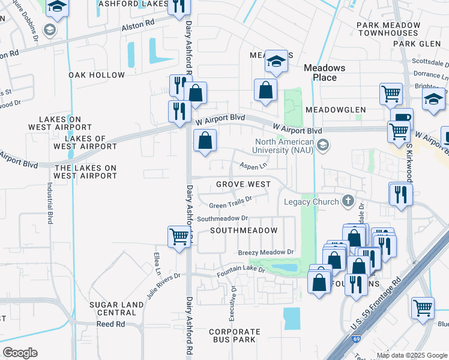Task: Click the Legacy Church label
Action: [312, 202]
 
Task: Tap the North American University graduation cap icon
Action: [324, 145]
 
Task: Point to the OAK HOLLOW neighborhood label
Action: [97, 75]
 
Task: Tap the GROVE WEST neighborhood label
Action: [243, 184]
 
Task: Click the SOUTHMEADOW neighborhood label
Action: [244, 230]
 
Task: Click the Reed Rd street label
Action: [111, 324]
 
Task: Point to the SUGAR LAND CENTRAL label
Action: [116, 308]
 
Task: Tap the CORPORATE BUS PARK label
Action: [235, 335]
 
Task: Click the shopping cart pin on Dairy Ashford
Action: [179, 236]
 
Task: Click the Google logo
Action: [20, 353]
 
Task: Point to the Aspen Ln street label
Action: [253, 165]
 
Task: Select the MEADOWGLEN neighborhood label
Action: [336, 110]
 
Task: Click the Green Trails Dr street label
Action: [229, 205]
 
